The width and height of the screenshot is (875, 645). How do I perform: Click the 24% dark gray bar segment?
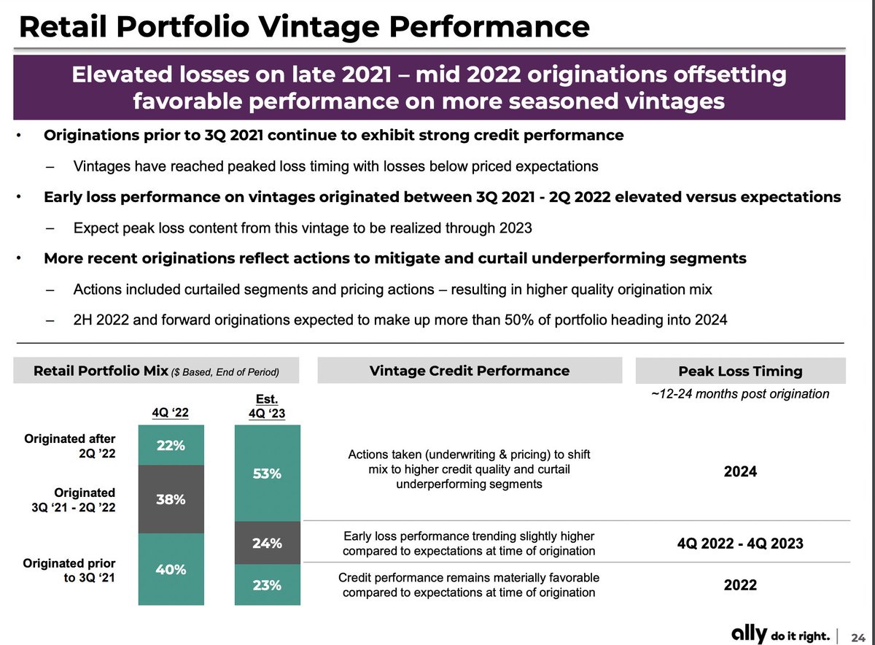tap(268, 543)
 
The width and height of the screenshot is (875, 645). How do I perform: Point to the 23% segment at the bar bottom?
tap(268, 585)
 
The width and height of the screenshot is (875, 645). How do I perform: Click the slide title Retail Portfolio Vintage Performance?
tap(303, 27)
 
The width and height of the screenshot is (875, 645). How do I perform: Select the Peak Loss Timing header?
tap(739, 371)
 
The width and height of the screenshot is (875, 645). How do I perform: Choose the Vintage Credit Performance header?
tap(470, 370)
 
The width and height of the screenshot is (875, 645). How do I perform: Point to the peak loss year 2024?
tap(739, 471)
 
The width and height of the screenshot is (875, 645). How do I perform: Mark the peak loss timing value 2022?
tap(739, 585)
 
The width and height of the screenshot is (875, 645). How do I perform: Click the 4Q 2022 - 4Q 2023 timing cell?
tap(739, 543)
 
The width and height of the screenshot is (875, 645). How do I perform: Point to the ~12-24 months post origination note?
tap(739, 394)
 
